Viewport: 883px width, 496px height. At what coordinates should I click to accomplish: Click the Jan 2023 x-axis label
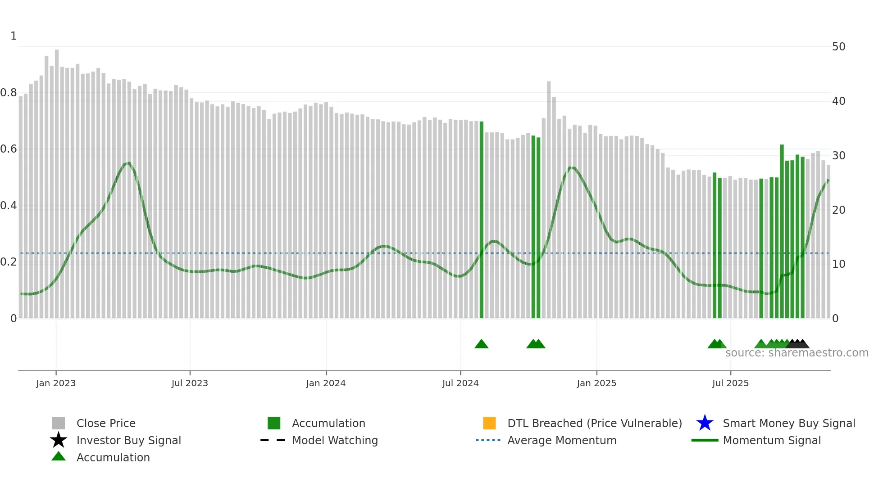pyautogui.click(x=56, y=383)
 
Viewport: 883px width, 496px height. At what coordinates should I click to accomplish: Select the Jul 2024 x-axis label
pyautogui.click(x=460, y=383)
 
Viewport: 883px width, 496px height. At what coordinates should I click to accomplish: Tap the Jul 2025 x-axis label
pyautogui.click(x=730, y=383)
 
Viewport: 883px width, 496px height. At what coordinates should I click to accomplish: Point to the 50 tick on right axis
pyautogui.click(x=838, y=47)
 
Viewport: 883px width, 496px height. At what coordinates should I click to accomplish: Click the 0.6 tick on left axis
pyautogui.click(x=9, y=149)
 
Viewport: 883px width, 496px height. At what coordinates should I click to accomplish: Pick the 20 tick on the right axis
pyautogui.click(x=838, y=210)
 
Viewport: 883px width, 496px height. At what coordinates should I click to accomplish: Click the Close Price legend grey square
pyautogui.click(x=59, y=423)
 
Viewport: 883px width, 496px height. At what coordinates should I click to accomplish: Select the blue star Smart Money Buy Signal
pyautogui.click(x=705, y=423)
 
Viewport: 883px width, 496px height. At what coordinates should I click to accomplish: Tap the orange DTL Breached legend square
pyautogui.click(x=489, y=423)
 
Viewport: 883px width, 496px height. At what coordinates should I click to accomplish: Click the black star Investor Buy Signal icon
pyautogui.click(x=59, y=440)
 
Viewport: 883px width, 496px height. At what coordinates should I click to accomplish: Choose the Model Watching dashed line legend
pyautogui.click(x=273, y=440)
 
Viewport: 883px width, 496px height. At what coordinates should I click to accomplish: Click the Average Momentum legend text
pyautogui.click(x=562, y=440)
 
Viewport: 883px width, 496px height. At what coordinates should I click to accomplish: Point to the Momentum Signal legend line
pyautogui.click(x=705, y=440)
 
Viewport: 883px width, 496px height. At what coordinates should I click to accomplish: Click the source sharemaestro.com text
pyautogui.click(x=797, y=353)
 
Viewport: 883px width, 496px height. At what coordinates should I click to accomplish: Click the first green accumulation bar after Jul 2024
pyautogui.click(x=482, y=221)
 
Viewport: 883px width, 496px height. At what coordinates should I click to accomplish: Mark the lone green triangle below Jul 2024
pyautogui.click(x=482, y=344)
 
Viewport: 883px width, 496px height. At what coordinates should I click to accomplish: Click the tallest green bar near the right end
pyautogui.click(x=782, y=230)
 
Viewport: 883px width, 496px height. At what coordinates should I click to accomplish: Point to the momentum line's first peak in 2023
pyautogui.click(x=129, y=163)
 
